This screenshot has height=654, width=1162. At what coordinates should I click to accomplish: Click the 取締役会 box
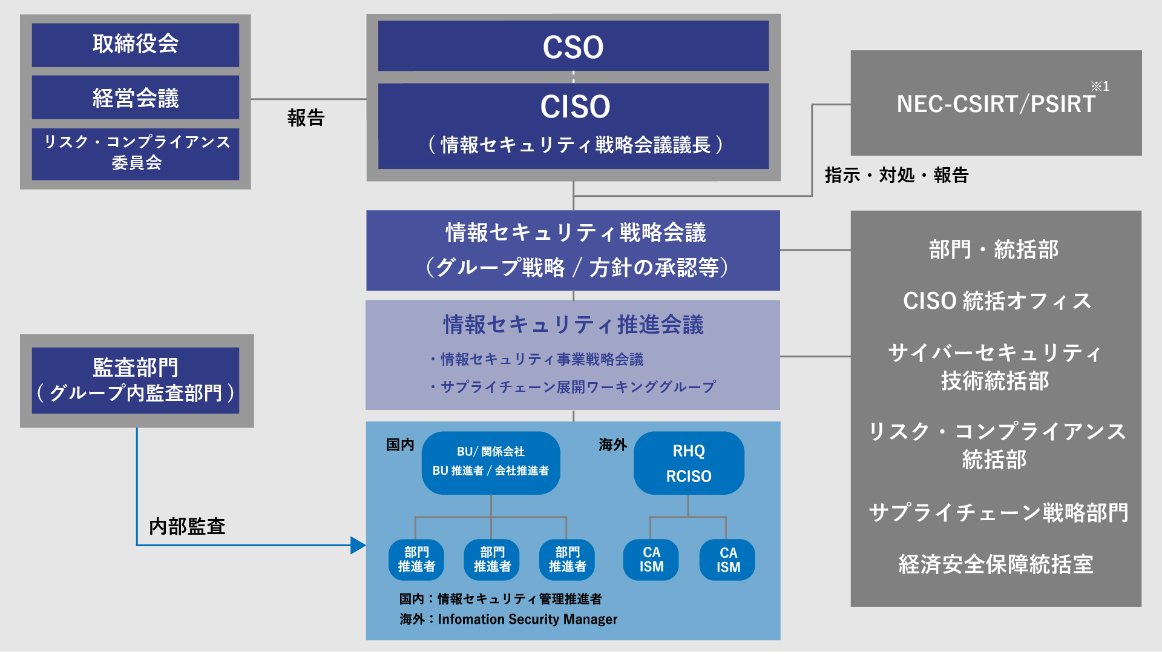pos(136,45)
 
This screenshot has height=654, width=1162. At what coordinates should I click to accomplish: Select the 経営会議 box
pos(136,97)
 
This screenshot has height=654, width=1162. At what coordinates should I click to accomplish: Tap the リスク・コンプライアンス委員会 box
pos(136,153)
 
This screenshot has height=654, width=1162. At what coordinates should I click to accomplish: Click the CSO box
pos(573,47)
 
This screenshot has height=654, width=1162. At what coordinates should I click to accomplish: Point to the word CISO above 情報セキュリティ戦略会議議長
pos(575,107)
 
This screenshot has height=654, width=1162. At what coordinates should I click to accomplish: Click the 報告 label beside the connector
pos(306,117)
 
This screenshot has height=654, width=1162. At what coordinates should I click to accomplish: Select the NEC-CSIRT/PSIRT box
pos(996,104)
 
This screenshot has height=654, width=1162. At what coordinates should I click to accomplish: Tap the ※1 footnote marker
pos(1100,87)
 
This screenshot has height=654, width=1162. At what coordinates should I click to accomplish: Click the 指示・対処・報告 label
pos(896,175)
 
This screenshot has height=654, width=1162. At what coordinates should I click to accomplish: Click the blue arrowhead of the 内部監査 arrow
pos(358,546)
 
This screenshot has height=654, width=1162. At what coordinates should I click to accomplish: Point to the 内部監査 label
pos(187,526)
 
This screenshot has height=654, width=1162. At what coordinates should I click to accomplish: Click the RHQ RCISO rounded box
pos(689,463)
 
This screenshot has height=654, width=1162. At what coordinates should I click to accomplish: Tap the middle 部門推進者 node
pos(492,560)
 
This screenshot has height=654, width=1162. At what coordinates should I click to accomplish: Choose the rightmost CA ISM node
pos(727,560)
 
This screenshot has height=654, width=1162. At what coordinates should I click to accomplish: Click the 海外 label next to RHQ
pos(612,445)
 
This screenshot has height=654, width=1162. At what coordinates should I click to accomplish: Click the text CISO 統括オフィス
pos(997,301)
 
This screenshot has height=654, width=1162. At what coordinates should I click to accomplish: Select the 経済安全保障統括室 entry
pos(996,564)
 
